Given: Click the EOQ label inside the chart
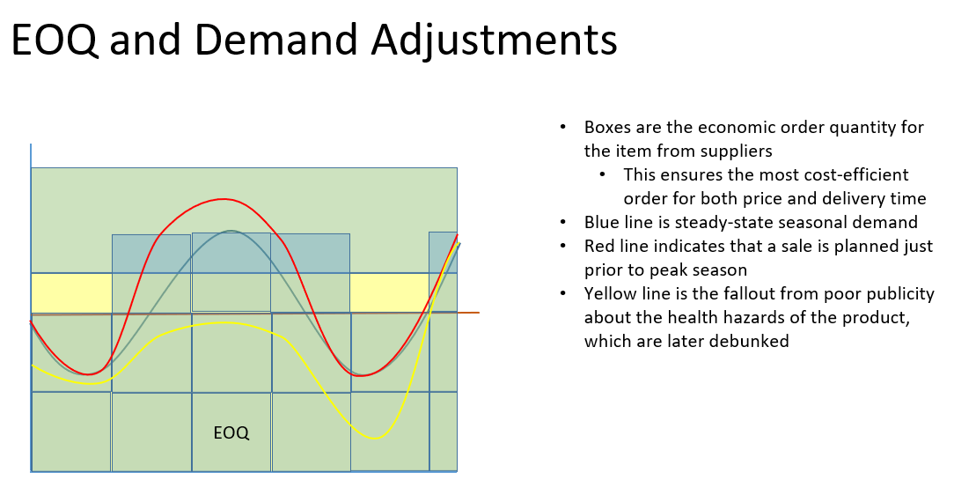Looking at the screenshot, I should click(231, 433).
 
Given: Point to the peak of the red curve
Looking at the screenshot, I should click(222, 199).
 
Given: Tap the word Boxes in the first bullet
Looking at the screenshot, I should click(608, 128).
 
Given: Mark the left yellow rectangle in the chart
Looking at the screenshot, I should click(71, 292).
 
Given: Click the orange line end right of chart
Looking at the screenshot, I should click(475, 313).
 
